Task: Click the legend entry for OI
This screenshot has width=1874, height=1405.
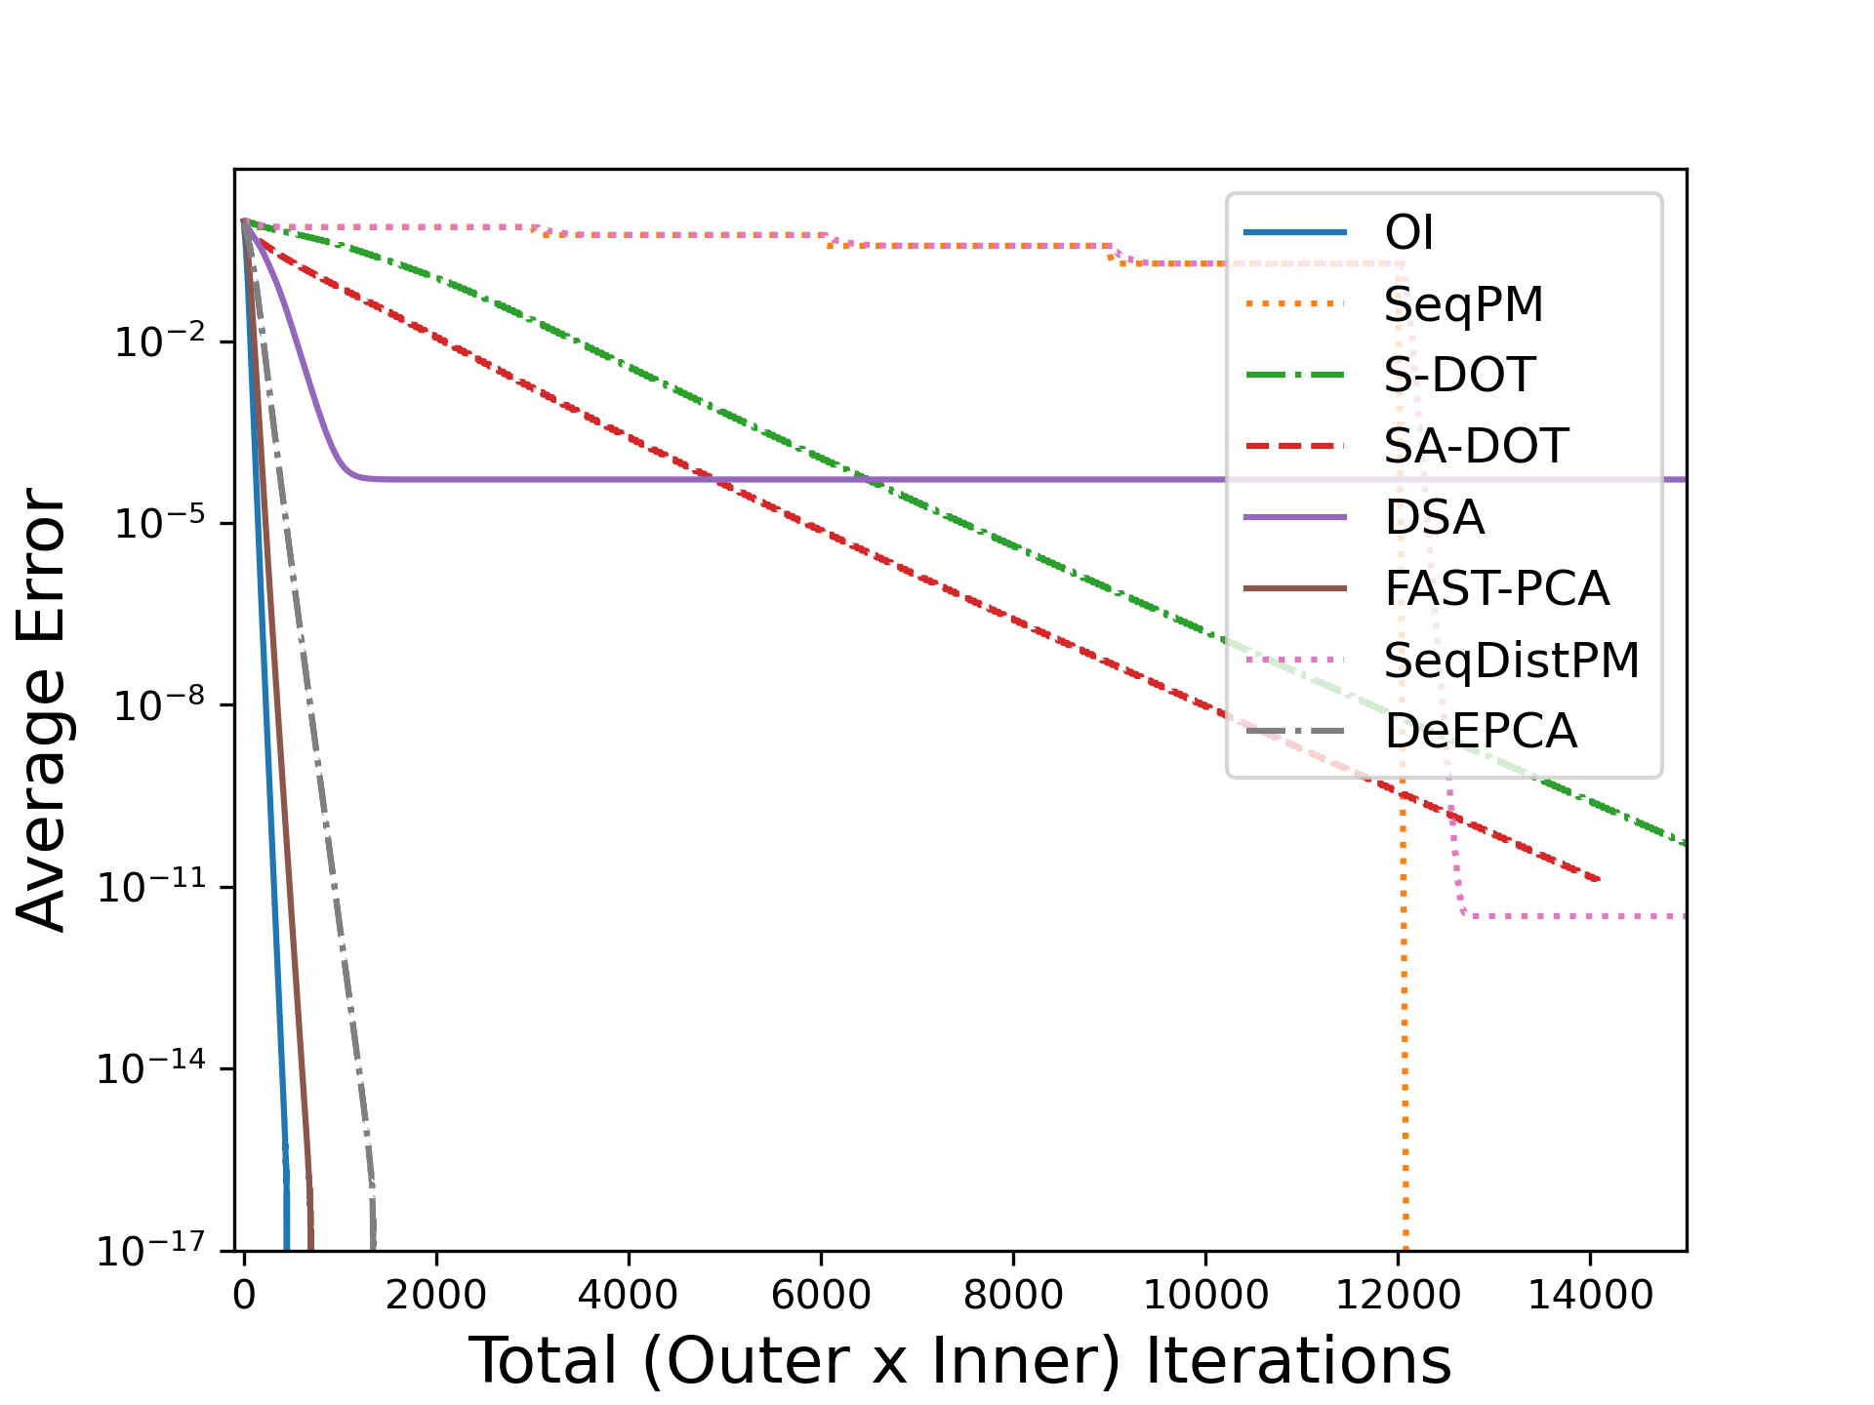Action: [x=1408, y=233]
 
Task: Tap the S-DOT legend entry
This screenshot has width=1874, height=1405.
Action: [x=1459, y=376]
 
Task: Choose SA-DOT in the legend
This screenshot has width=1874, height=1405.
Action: [x=1476, y=447]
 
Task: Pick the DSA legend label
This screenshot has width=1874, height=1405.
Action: [x=1434, y=518]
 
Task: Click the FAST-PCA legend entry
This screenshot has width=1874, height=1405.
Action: [x=1496, y=589]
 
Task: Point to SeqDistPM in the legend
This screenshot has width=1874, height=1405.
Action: [x=1511, y=661]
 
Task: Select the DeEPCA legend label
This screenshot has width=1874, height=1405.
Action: [x=1481, y=732]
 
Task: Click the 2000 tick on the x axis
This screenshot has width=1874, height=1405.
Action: [x=435, y=1296]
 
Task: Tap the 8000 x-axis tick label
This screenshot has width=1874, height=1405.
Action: [x=1013, y=1296]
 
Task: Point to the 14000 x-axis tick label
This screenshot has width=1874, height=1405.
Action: [x=1590, y=1296]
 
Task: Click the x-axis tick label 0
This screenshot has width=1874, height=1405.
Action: [x=244, y=1296]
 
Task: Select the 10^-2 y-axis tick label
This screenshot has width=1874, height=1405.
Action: [x=160, y=341]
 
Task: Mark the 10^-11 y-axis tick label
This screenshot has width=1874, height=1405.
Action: [x=152, y=887]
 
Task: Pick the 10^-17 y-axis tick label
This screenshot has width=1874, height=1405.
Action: [x=152, y=1250]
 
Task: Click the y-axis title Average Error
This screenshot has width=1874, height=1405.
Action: [x=41, y=709]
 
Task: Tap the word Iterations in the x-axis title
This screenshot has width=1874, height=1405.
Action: [x=1298, y=1361]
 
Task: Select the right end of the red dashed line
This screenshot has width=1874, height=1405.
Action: [x=1597, y=879]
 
